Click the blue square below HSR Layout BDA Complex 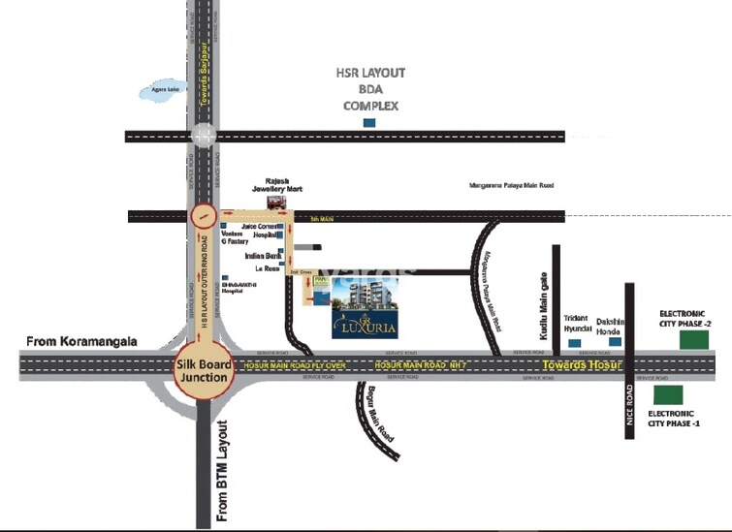tap(368, 123)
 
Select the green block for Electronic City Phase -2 tap(693, 339)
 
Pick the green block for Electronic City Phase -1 tap(668, 394)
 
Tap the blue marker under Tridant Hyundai tap(575, 343)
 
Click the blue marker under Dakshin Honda tap(615, 343)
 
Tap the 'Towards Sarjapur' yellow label tap(205, 73)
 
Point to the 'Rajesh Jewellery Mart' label tap(284, 184)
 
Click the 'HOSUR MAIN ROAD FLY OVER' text tap(295, 365)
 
